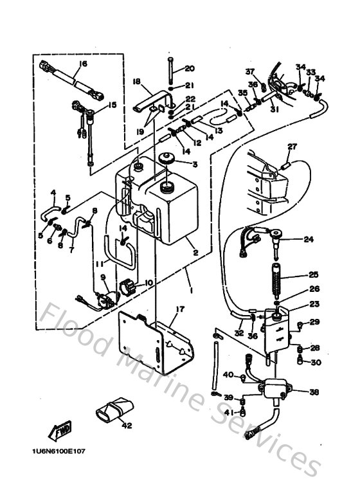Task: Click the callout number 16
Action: [84, 64]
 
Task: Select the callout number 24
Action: [309, 240]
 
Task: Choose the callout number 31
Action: [274, 109]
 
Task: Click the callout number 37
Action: [249, 71]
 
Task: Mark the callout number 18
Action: [136, 82]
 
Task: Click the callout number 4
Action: [54, 192]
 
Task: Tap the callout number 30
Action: [315, 363]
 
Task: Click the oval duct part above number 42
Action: [114, 408]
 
